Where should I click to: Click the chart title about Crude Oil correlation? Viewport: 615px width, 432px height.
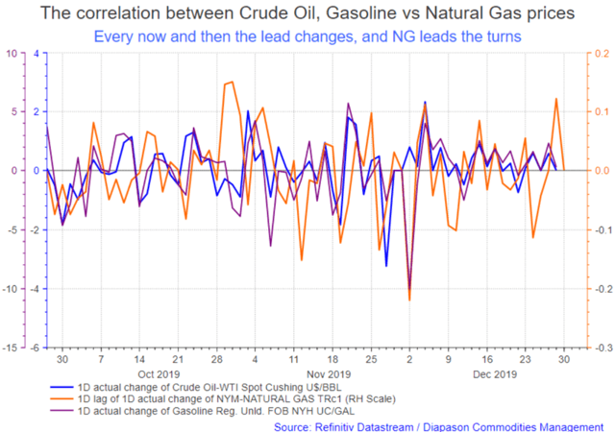[307, 12]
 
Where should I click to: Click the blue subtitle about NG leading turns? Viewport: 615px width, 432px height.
[307, 36]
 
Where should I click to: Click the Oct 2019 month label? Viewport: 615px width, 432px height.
[159, 374]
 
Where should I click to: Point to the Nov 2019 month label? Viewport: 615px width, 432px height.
[329, 374]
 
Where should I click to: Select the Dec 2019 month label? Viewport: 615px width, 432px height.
[495, 374]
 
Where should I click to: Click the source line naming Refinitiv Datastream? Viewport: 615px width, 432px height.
[438, 427]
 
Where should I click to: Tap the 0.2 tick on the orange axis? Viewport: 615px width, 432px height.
[602, 54]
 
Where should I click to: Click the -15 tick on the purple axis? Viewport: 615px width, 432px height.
[10, 348]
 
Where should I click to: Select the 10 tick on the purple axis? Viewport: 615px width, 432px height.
[12, 54]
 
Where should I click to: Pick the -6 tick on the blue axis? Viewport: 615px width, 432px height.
[35, 348]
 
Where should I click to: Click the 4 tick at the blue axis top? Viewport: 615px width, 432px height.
[37, 54]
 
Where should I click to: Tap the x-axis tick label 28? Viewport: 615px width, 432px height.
[217, 359]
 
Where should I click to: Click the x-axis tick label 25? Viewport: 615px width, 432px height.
[371, 359]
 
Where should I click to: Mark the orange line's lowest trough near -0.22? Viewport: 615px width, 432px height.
[409, 300]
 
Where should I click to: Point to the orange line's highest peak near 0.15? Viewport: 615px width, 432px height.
[233, 82]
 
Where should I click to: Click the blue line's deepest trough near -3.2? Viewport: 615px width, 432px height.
[386, 266]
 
